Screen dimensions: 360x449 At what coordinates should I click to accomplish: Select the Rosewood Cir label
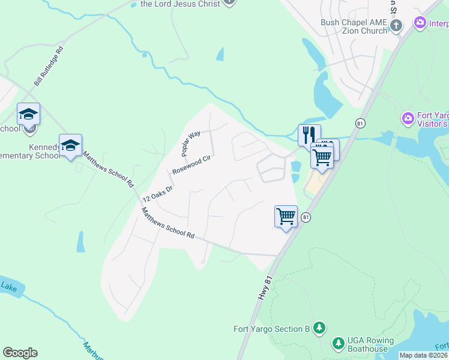click(x=194, y=161)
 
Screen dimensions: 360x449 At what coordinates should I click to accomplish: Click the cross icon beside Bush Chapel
click(x=396, y=25)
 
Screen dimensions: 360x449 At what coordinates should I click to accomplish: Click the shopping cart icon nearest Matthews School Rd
click(x=286, y=216)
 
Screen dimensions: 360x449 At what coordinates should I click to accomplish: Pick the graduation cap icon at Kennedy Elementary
click(x=70, y=145)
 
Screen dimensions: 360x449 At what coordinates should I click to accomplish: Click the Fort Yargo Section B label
click(x=271, y=329)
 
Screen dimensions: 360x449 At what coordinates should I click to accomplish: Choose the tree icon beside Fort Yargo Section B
click(x=321, y=328)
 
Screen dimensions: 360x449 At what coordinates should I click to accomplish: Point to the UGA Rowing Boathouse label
click(x=368, y=344)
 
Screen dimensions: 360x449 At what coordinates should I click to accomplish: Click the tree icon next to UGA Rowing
click(x=339, y=343)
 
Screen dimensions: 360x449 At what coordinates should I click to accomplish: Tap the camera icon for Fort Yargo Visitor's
click(x=409, y=118)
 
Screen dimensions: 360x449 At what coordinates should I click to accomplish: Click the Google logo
click(x=20, y=353)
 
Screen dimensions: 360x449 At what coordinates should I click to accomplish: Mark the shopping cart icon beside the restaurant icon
click(x=322, y=157)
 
